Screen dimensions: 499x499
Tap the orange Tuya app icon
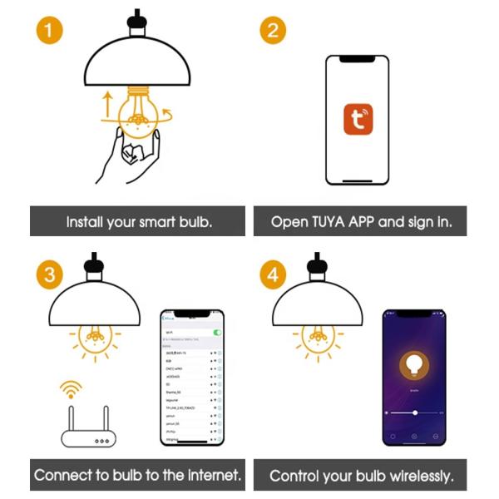coord(358,120)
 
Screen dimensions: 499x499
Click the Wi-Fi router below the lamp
coord(87,429)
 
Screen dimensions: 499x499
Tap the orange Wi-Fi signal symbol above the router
coord(72,388)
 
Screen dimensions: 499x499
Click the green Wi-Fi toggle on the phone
coord(218,332)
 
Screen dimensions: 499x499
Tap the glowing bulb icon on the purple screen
coord(414,365)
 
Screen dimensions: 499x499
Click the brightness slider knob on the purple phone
coord(415,412)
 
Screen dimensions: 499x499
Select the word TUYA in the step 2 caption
coord(334,223)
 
